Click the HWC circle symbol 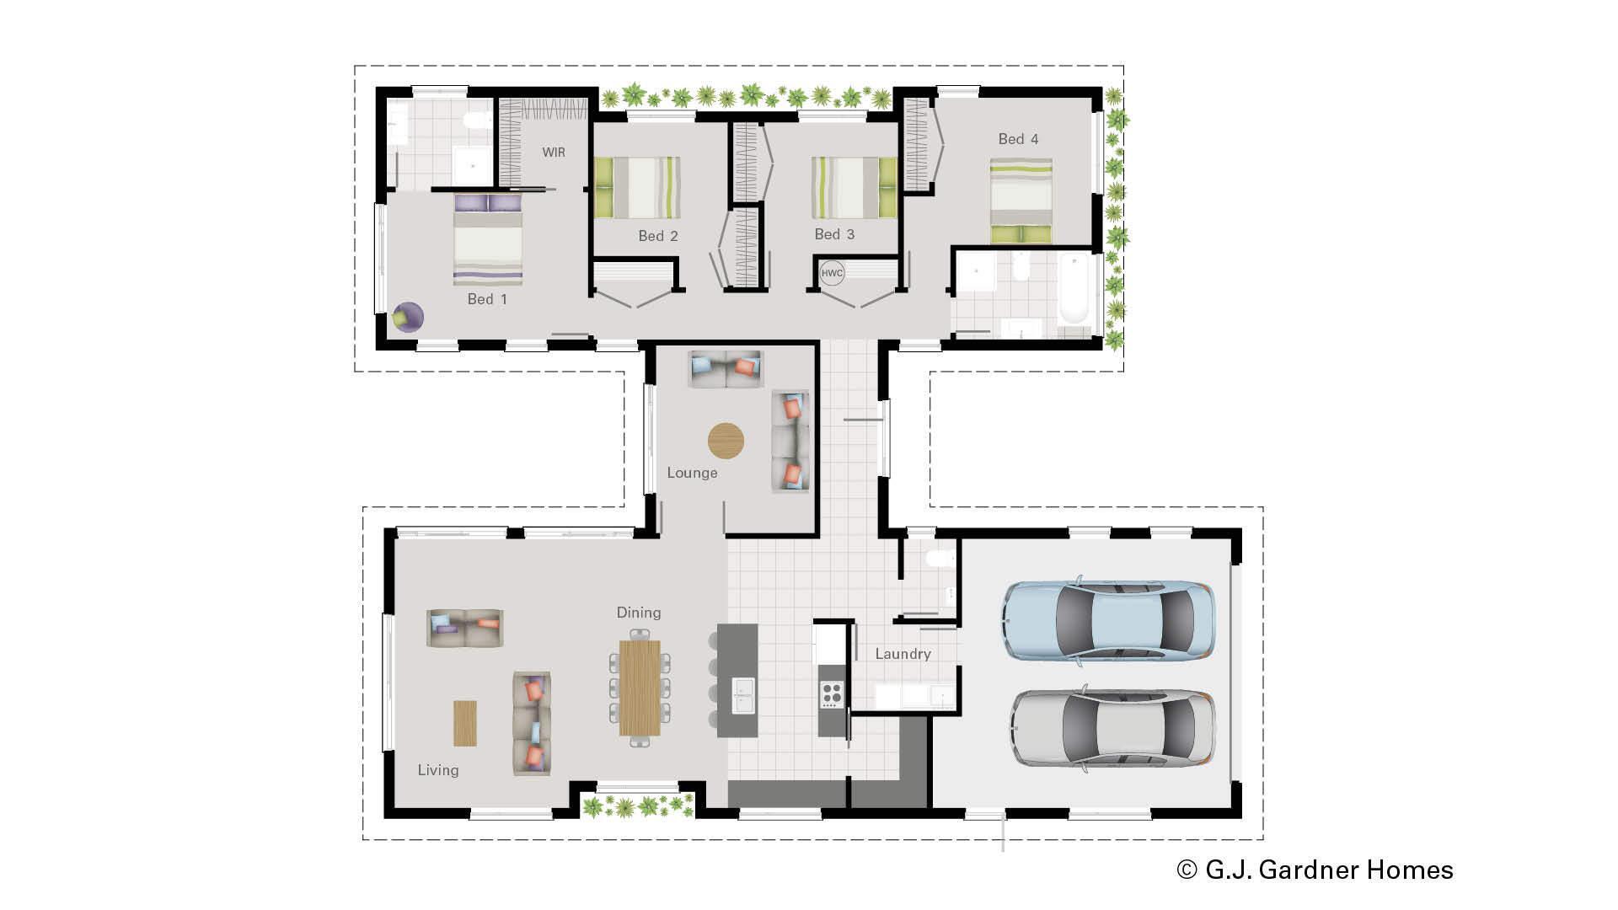pos(832,273)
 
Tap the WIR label pos(554,153)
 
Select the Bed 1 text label pos(487,299)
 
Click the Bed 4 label pos(1018,139)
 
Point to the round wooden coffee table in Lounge pos(726,441)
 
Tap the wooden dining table pos(640,688)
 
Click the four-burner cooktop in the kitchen pos(832,693)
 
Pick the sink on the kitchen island pos(742,695)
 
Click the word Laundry pos(903,654)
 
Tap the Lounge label pos(692,473)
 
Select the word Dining pos(638,613)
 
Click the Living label pos(438,770)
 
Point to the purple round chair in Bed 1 pos(409,317)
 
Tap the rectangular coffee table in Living pos(465,723)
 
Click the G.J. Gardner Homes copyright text pos(1315,870)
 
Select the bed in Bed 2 pos(638,187)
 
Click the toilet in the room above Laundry pos(938,558)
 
